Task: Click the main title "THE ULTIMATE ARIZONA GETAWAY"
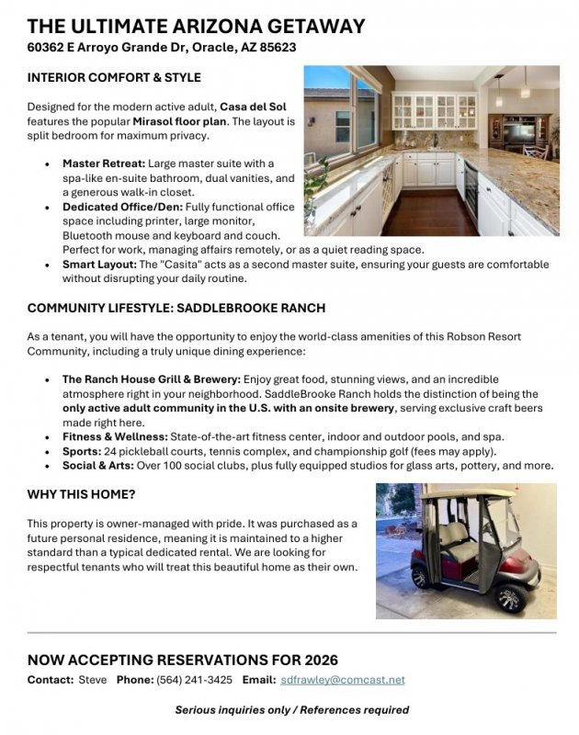coord(196,27)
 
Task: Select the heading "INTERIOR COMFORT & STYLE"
coord(114,77)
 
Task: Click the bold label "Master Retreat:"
coord(103,163)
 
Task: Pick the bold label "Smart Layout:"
coord(102,265)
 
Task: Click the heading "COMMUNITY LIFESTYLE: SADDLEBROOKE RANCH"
coord(176,308)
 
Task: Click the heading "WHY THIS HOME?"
coord(82,494)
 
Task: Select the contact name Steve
coord(91,680)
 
